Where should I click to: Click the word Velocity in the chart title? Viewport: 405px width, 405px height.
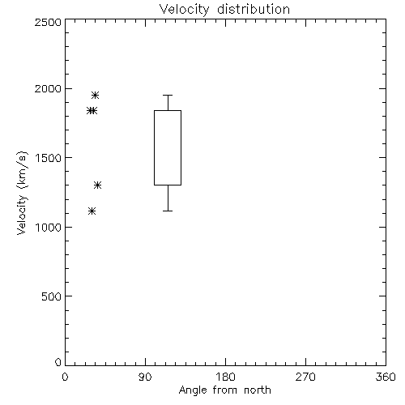185,10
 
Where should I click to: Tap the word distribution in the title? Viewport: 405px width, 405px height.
254,9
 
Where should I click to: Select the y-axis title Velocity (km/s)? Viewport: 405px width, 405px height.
22,193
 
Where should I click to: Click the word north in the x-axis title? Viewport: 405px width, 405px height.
258,390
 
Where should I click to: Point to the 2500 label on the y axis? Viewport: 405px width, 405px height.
48,22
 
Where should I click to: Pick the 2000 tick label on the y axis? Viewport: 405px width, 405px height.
48,88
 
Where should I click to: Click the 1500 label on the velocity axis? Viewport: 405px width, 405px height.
49,158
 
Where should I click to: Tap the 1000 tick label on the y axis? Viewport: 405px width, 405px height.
49,228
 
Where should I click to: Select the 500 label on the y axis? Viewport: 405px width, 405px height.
52,296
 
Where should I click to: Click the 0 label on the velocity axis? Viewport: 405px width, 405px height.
58,362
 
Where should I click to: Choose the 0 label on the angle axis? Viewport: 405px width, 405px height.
65,377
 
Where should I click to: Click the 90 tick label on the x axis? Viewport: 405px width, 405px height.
145,377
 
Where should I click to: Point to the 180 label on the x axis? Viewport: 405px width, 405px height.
225,377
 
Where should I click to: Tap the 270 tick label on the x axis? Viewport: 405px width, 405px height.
305,377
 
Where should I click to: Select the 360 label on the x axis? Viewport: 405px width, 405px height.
386,377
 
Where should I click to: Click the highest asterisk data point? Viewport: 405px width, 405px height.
95,95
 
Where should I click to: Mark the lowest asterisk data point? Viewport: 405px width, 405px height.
92,211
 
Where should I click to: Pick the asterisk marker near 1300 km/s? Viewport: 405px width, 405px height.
97,185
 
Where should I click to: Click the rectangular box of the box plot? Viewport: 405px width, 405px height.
154,147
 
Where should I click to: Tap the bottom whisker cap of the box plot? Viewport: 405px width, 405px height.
168,211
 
